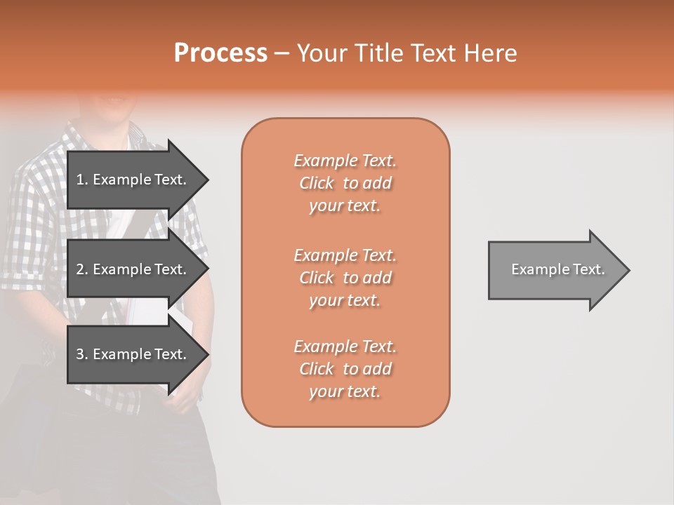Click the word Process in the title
(x=220, y=53)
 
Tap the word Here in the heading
(x=489, y=53)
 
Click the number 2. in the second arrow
(x=81, y=269)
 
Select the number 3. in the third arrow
(x=81, y=354)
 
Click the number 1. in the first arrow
(x=81, y=180)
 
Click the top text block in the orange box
(x=345, y=183)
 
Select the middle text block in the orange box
(x=345, y=278)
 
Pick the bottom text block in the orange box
(x=345, y=369)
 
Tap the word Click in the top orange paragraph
(x=317, y=183)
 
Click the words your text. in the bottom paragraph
(x=345, y=391)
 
